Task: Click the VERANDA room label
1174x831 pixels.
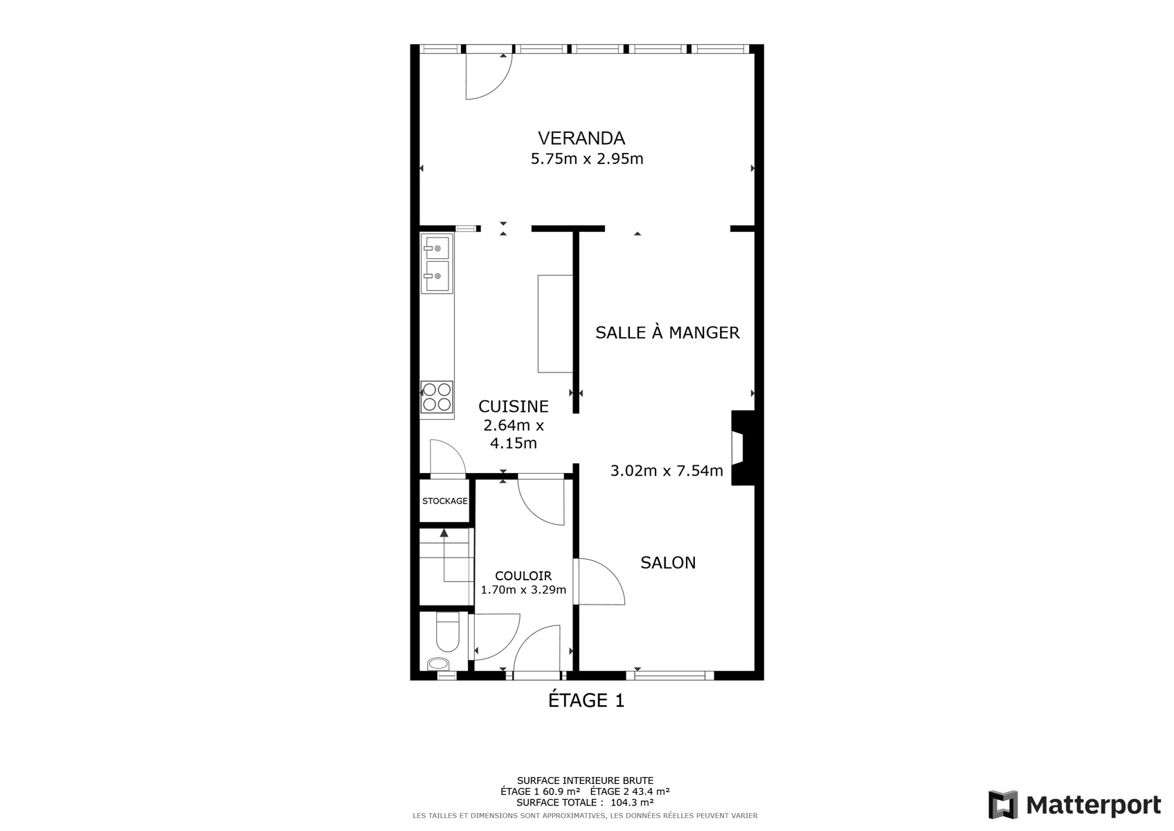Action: click(581, 138)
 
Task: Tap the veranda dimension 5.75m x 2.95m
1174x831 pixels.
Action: click(587, 159)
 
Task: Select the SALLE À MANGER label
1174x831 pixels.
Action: click(667, 332)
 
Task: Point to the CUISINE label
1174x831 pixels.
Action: click(514, 406)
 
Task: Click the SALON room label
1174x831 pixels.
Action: click(668, 562)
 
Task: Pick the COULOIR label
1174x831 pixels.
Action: click(523, 575)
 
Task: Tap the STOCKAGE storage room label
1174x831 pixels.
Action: click(444, 501)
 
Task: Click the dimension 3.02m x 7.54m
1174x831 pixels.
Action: click(667, 471)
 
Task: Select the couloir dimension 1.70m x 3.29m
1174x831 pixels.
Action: click(523, 589)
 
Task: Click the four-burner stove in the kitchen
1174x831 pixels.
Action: click(437, 397)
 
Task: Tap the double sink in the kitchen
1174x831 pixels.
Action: click(437, 263)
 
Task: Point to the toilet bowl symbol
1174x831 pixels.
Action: click(448, 633)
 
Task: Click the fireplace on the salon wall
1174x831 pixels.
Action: click(743, 448)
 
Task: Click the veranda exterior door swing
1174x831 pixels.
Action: click(489, 76)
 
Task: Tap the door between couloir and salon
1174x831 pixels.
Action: click(601, 582)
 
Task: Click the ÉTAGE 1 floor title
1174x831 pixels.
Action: click(586, 700)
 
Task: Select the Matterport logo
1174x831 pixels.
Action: click(1074, 804)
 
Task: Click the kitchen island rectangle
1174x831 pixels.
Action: click(555, 323)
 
